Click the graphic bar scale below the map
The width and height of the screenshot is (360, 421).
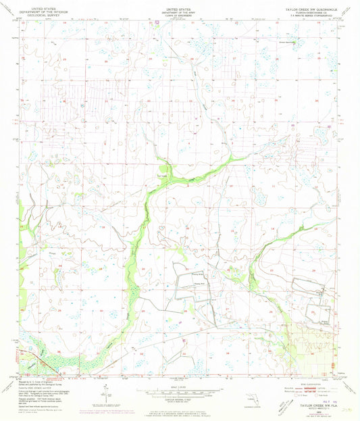coord(179,391)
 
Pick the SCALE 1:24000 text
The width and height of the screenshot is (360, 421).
coord(179,385)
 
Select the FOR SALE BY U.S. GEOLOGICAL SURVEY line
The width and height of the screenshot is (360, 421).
coord(179,407)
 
